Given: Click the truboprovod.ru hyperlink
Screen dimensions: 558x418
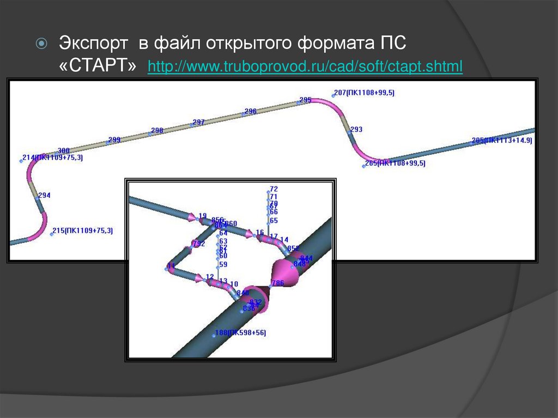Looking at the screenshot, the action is click(305, 67).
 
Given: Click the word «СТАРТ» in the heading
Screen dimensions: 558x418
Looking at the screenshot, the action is click(98, 66).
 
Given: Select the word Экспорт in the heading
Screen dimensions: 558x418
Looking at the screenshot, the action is click(93, 43).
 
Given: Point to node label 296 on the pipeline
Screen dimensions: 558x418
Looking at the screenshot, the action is click(251, 111).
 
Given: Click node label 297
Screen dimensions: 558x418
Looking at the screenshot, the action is click(199, 122).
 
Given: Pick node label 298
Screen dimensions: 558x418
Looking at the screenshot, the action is click(157, 130).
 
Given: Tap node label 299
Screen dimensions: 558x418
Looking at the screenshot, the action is click(114, 140).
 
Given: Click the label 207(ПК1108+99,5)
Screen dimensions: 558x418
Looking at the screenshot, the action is click(364, 93).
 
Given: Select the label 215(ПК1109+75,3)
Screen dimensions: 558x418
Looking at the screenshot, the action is click(82, 231).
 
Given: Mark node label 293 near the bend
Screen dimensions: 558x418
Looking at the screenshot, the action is click(356, 129).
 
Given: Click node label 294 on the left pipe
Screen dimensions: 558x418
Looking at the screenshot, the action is click(44, 195).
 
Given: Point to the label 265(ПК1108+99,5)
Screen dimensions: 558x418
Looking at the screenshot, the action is click(395, 162).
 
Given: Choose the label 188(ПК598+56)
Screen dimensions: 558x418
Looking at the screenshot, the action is click(240, 332).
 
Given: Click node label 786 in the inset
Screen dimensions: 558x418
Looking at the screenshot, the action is click(278, 283).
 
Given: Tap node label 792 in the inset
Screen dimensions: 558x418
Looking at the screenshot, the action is click(199, 244).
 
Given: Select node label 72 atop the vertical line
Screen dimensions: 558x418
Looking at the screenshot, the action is click(274, 189).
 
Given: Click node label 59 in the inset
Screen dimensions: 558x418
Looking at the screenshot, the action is click(223, 264).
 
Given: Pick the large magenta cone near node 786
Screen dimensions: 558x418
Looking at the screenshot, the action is click(286, 271).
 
